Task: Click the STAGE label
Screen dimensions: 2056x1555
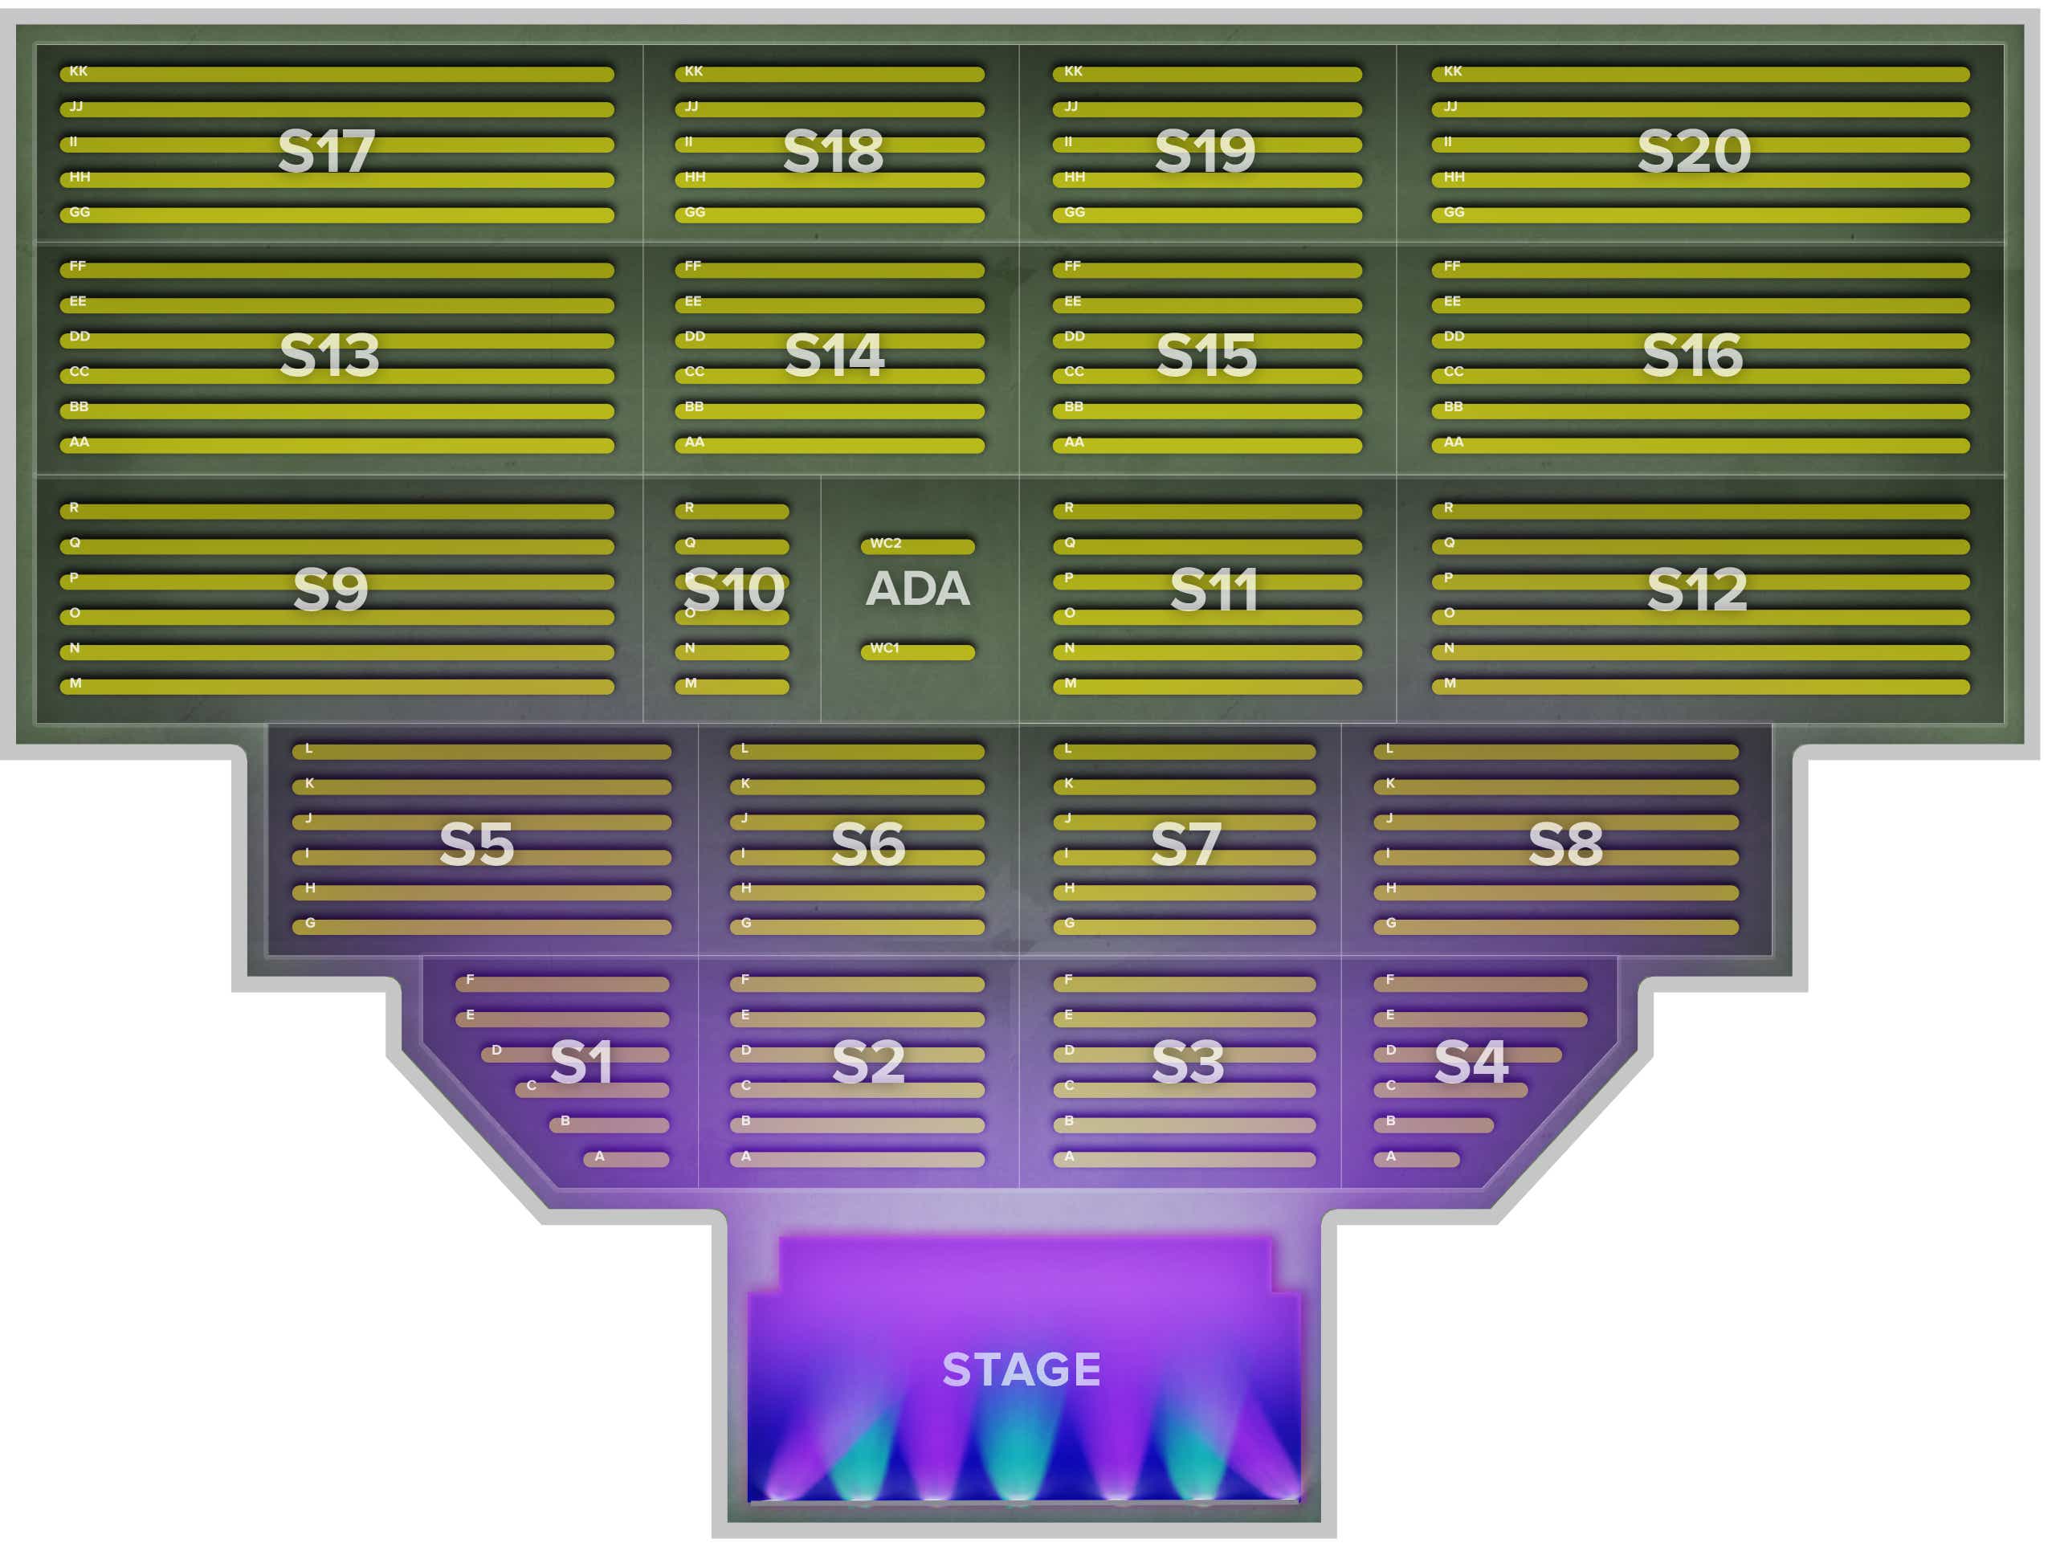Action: point(1022,1369)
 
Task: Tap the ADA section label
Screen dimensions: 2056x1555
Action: point(917,589)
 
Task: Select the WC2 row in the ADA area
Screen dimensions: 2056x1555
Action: point(917,546)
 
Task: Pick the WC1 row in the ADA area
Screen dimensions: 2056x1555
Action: point(917,651)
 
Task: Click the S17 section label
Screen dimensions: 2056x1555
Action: point(326,150)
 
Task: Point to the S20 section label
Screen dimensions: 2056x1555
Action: point(1694,150)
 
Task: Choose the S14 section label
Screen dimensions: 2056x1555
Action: point(834,355)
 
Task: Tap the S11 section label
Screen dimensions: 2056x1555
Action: point(1213,590)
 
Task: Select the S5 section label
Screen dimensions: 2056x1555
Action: point(476,844)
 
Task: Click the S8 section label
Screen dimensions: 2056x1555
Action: point(1565,844)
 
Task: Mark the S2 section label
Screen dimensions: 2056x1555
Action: point(868,1062)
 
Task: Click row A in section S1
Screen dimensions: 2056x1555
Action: point(626,1159)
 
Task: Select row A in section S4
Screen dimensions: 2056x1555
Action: point(1417,1159)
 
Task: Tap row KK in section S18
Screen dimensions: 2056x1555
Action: point(829,73)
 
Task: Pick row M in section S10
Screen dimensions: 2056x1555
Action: point(732,687)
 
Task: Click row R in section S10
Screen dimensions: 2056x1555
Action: point(732,511)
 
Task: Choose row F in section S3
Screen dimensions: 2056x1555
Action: point(1184,983)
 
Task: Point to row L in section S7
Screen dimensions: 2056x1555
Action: point(1184,751)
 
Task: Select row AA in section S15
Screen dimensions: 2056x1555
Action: point(1207,445)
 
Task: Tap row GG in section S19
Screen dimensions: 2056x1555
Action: point(1207,214)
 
